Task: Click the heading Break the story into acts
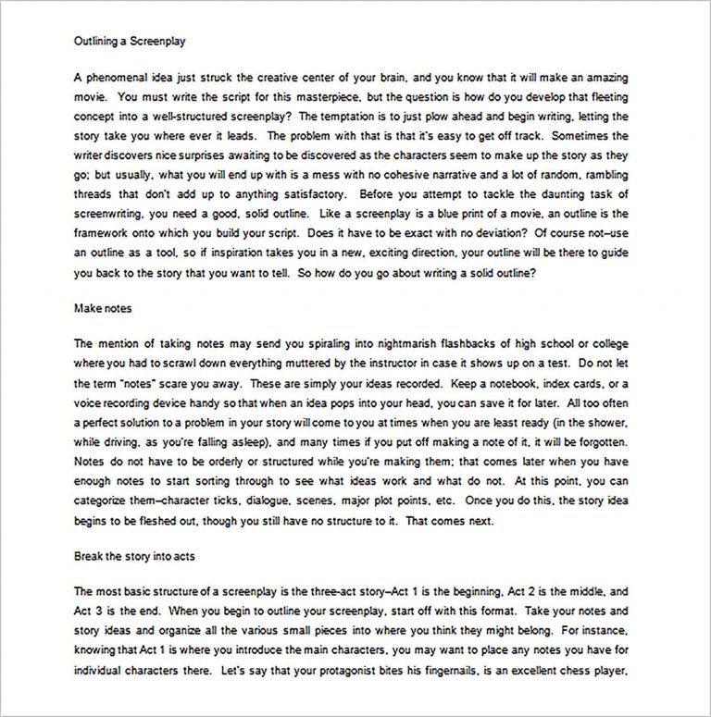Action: click(133, 557)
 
